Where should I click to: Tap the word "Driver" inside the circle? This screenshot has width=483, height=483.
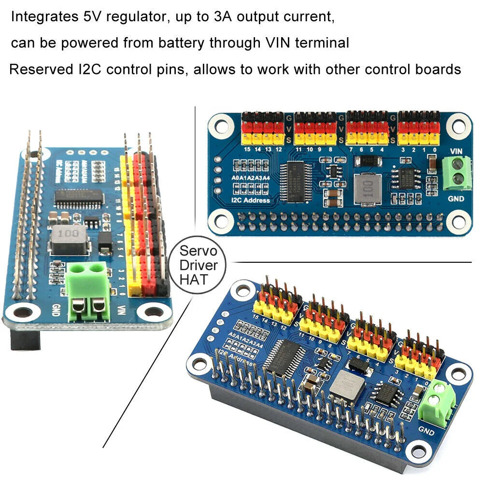click(198, 265)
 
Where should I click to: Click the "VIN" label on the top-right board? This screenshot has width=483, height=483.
click(456, 151)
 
